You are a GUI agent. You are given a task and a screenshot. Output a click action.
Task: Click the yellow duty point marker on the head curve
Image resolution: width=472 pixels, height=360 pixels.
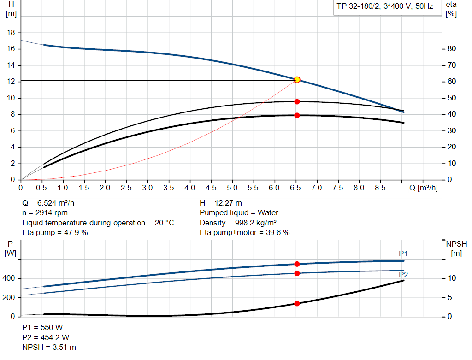297,80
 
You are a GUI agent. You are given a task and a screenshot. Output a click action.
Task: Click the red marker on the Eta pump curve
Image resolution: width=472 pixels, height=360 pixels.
297,101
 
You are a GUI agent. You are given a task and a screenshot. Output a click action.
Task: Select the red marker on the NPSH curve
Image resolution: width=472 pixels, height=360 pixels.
297,303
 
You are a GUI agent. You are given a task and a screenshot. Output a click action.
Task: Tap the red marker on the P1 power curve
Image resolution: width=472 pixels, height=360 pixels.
297,264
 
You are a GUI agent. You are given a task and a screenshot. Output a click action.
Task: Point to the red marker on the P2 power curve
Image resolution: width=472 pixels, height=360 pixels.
297,273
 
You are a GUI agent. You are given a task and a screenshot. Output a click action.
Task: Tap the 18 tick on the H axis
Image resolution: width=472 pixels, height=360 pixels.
12,33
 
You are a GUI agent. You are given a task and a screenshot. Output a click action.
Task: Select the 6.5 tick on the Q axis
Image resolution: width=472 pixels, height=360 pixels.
295,188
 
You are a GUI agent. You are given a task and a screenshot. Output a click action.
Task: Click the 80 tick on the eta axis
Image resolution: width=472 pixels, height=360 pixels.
452,49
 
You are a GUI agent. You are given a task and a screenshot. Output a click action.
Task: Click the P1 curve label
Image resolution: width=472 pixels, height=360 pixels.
403,254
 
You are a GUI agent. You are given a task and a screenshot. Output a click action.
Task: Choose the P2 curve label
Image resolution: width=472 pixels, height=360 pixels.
403,275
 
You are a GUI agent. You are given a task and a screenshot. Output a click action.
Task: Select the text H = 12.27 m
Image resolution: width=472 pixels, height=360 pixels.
221,203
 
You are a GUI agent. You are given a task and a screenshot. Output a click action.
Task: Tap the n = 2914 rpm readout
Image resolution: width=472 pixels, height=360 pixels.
45,212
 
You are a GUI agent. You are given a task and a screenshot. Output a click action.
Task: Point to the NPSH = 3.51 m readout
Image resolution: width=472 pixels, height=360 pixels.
49,347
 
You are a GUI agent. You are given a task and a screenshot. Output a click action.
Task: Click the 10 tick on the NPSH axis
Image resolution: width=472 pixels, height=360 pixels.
452,278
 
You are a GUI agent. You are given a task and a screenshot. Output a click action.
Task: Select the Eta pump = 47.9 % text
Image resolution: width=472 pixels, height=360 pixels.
55,232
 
